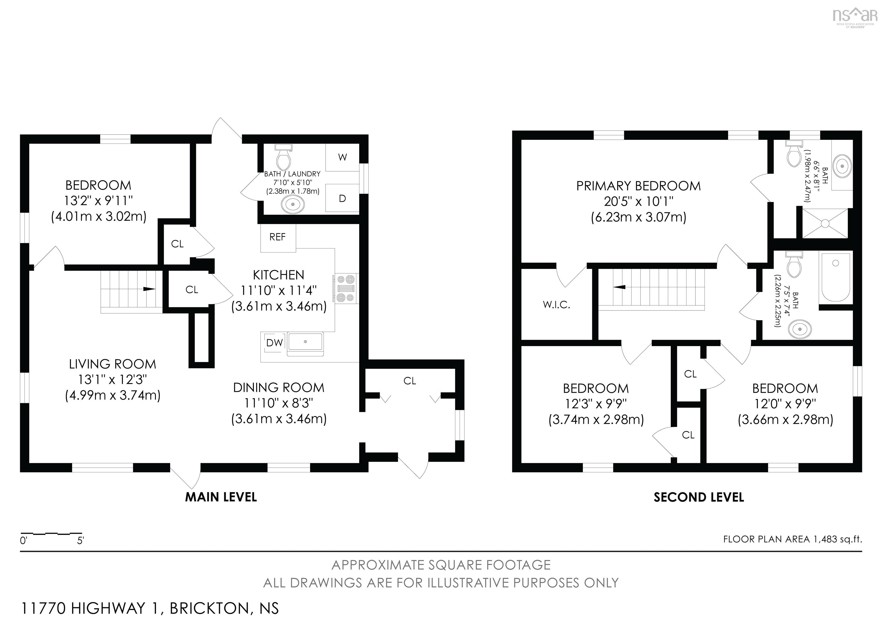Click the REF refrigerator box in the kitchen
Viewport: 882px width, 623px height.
point(278,238)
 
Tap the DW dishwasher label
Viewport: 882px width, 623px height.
point(274,343)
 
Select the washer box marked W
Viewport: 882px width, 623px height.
point(342,157)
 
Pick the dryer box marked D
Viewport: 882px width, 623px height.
point(342,199)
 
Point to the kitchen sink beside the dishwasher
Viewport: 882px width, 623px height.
point(305,342)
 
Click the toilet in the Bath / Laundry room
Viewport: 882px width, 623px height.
point(283,158)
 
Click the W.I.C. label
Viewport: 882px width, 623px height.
point(556,305)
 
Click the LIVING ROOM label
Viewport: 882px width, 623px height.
point(113,364)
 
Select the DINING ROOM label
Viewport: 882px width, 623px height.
point(278,388)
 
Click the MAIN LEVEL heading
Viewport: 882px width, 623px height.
point(221,497)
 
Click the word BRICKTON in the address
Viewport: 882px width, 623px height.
point(209,608)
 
